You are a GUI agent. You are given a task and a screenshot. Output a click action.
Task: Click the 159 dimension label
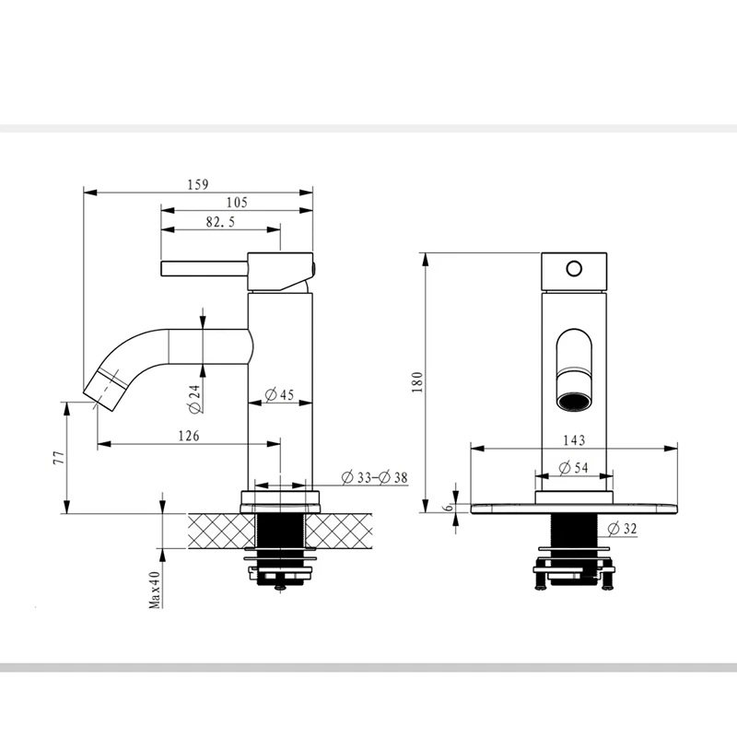coord(198,184)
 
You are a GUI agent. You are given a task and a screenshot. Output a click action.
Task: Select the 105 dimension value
coord(237,203)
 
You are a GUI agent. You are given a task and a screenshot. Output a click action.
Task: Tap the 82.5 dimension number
coord(220,222)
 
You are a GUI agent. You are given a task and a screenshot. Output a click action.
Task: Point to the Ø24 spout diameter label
coord(194,399)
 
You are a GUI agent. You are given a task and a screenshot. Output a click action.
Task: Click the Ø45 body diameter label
coord(279,395)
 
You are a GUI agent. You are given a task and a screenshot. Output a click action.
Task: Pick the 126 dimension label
coord(189,436)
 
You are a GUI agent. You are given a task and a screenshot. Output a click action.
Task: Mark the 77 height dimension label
coord(58,458)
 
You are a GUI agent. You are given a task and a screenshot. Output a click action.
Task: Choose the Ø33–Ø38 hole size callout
coord(375,477)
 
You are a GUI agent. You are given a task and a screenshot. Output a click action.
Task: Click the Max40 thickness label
coord(155,590)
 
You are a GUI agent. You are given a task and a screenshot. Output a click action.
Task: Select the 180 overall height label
coord(417,382)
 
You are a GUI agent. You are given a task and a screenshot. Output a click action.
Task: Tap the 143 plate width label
coord(574,440)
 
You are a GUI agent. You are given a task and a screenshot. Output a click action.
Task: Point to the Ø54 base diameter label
coord(573,468)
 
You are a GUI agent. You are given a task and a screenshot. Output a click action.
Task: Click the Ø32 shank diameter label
coord(623,529)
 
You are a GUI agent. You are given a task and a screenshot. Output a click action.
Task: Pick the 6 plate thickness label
coord(449,508)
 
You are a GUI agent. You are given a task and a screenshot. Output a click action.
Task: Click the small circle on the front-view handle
coord(574,269)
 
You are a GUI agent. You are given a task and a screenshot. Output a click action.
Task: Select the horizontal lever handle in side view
coord(205,269)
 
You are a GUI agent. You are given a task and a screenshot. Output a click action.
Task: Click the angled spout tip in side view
coord(105,390)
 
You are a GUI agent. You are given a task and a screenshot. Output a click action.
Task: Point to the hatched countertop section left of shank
coord(221,532)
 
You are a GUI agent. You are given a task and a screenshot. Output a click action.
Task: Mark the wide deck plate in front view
coord(574,509)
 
